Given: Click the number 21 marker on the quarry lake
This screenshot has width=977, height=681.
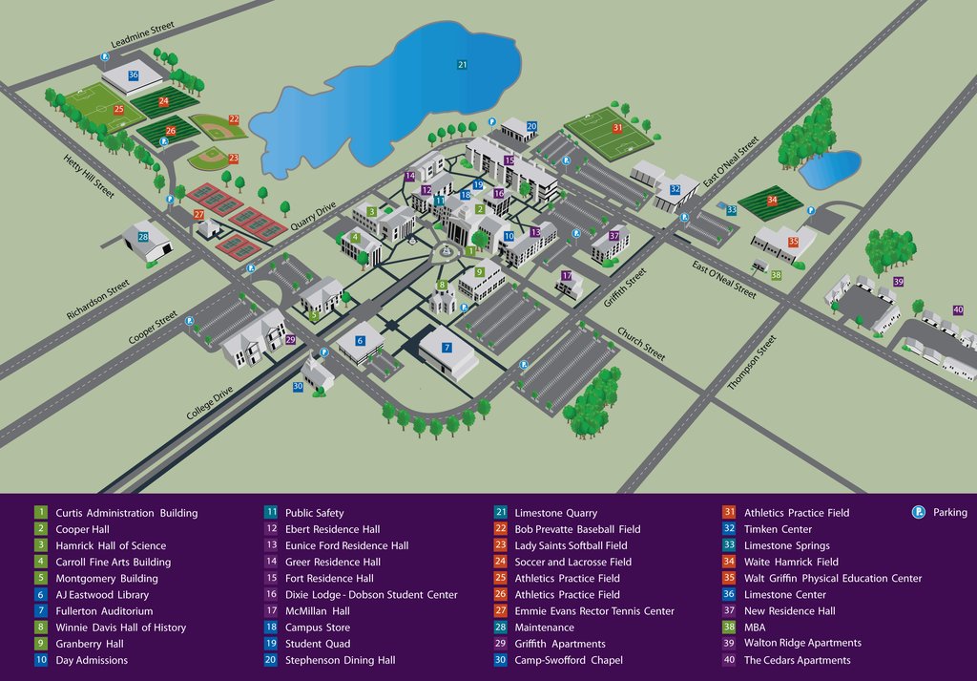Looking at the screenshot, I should point(462,65).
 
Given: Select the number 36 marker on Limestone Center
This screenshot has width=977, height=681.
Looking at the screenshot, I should point(133,74).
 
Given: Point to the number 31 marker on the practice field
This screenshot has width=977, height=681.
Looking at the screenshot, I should point(617,128).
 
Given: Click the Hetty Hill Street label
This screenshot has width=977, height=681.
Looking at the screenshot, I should point(89,177).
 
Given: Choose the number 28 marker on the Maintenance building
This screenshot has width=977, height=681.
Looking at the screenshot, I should point(143,236).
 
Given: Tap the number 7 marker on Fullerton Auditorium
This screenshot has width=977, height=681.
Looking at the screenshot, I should point(446,348).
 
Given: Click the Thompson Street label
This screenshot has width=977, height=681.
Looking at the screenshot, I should point(752,362).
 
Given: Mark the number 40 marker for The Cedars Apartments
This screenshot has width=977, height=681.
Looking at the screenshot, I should point(958,309).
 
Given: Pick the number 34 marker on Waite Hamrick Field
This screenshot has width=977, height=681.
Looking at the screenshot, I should point(772,201).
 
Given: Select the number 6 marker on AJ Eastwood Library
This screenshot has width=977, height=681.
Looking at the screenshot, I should point(361,340).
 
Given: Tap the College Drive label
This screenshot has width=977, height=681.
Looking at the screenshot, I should point(210,398).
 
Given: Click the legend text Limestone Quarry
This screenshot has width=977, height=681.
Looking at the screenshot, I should point(556,513).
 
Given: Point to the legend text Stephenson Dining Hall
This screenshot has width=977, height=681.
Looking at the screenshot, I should point(341,660).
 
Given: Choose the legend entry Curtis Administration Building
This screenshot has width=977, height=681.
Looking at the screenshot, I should point(126,513).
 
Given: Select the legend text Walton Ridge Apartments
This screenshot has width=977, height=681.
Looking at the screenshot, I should point(802,643).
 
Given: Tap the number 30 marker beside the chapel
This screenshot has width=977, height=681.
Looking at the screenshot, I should point(298,387).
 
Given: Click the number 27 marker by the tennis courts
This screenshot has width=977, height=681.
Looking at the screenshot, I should point(199,215).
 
